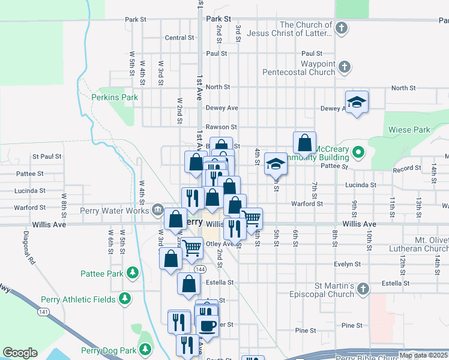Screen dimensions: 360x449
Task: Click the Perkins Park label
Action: pyautogui.click(x=115, y=97)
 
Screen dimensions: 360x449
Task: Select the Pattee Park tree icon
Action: pyautogui.click(x=133, y=274)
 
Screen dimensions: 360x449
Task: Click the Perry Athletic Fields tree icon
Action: pyautogui.click(x=125, y=299)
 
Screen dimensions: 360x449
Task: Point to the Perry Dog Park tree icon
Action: pyautogui.click(x=145, y=349)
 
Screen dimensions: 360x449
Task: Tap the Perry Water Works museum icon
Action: pyautogui.click(x=157, y=209)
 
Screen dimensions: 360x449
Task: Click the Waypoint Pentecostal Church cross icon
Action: pyautogui.click(x=345, y=67)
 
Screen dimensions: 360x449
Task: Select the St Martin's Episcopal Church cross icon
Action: pyautogui.click(x=362, y=290)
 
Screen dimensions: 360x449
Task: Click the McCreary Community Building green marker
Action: pyautogui.click(x=358, y=152)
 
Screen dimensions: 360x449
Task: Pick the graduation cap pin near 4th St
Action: pyautogui.click(x=276, y=163)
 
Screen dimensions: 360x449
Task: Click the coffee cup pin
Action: pyautogui.click(x=208, y=326)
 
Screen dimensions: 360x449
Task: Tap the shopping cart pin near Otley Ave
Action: pyautogui.click(x=191, y=247)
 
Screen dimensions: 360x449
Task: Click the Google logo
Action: pyautogui.click(x=20, y=353)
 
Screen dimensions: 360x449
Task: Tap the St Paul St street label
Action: pyautogui.click(x=47, y=157)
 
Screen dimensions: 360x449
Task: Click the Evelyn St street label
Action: pyautogui.click(x=348, y=263)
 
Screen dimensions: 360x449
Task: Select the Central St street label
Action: pyautogui.click(x=179, y=38)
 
